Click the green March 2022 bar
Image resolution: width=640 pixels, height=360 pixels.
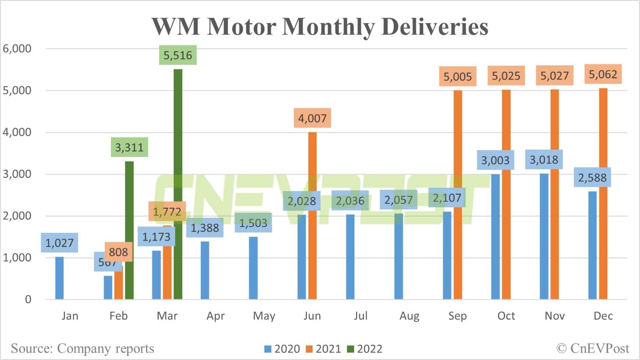coord(178,183)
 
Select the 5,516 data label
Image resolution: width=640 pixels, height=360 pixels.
coord(178,55)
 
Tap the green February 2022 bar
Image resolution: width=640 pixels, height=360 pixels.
coord(129,230)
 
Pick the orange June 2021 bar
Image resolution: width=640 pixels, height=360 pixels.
coord(312,215)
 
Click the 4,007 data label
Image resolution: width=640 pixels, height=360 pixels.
coord(312,118)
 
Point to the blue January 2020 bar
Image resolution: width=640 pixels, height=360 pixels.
coord(60,278)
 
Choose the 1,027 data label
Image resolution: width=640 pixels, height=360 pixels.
coord(60,243)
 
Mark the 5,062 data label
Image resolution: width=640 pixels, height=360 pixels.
coord(603,75)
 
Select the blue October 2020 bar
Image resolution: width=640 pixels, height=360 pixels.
coord(495,236)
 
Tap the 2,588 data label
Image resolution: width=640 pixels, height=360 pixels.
coord(592,177)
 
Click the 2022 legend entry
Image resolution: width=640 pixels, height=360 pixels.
coord(365,349)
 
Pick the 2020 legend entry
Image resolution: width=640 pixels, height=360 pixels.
coord(282,349)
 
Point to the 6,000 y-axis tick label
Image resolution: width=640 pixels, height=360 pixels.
coord(17,49)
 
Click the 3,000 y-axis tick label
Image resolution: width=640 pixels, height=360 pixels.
coord(17,174)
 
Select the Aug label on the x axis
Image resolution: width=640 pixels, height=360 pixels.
coord(409,316)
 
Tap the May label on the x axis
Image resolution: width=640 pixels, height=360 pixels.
coord(264,316)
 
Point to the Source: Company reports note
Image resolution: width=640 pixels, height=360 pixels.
coord(82,348)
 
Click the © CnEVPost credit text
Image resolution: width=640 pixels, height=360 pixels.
coord(593,348)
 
